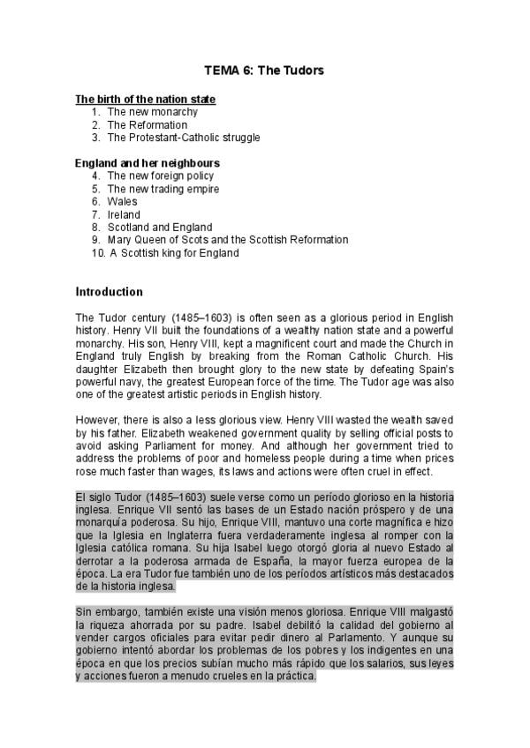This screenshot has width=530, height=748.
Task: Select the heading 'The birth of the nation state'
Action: (146, 100)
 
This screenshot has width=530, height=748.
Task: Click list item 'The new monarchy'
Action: (152, 112)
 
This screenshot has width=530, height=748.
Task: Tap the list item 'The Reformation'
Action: (148, 125)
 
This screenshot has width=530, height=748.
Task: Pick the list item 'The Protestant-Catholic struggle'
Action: (183, 138)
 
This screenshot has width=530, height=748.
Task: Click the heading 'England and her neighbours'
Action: (148, 163)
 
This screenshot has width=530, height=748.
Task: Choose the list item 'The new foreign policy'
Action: (160, 176)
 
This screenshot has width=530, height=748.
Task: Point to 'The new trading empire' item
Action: (163, 189)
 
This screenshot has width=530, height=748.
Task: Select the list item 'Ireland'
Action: (124, 214)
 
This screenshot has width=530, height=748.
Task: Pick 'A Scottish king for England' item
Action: (174, 252)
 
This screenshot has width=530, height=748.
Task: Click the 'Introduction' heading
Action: (109, 292)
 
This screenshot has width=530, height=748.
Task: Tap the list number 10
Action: (97, 252)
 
